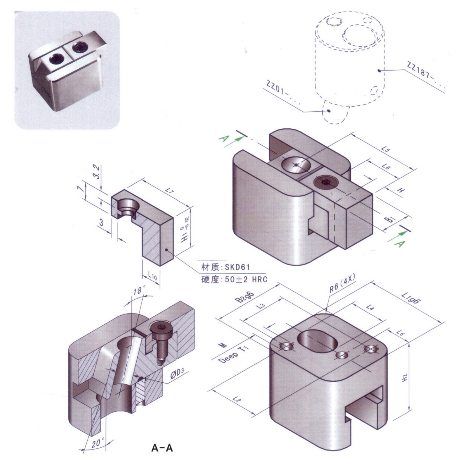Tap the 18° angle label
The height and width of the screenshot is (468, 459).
(x=140, y=291)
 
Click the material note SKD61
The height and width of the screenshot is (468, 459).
(x=237, y=267)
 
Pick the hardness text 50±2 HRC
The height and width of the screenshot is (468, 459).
(x=246, y=280)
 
